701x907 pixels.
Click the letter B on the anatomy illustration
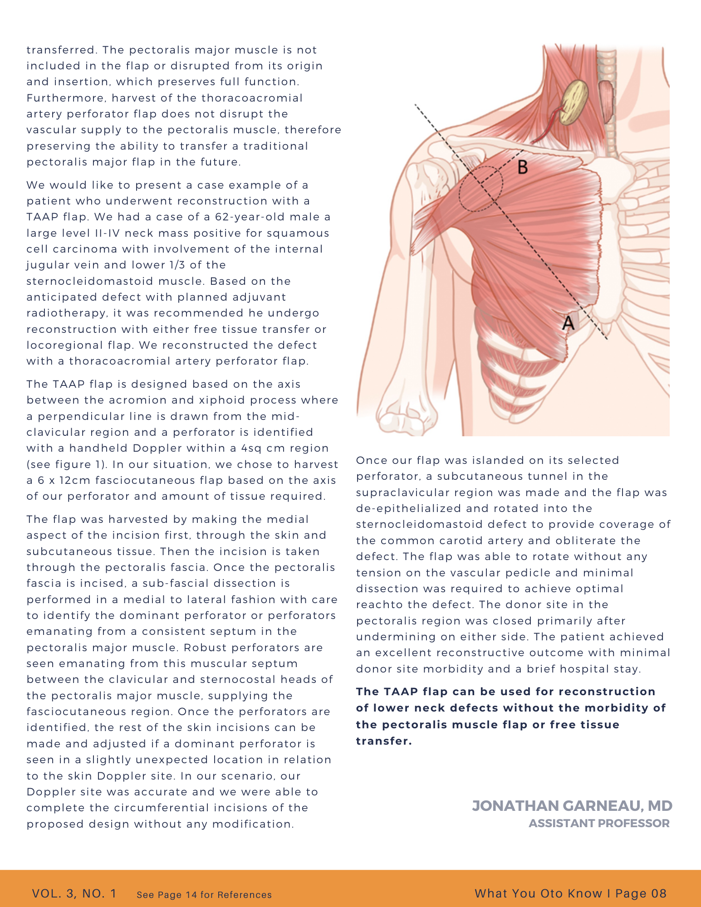point(523,167)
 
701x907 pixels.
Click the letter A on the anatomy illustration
point(568,323)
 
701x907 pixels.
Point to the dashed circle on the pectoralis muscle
point(480,189)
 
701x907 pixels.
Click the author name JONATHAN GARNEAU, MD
point(572,806)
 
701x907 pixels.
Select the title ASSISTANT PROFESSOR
point(599,824)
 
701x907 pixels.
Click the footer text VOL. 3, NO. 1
point(74,893)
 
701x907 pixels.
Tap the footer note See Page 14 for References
point(204,895)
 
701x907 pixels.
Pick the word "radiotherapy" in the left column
point(66,313)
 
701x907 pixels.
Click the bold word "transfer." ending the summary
point(384,741)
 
